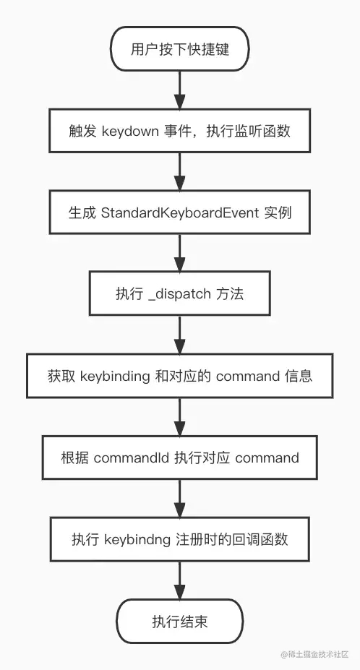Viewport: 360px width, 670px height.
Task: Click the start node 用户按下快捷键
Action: pyautogui.click(x=179, y=49)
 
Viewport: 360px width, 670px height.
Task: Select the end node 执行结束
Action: pyautogui.click(x=179, y=621)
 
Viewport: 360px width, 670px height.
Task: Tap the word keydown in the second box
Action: pyautogui.click(x=130, y=131)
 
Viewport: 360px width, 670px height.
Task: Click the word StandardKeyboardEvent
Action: pyautogui.click(x=180, y=212)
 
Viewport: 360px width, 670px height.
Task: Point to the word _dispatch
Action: pyautogui.click(x=179, y=294)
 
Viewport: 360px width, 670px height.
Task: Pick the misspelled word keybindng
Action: pyautogui.click(x=139, y=539)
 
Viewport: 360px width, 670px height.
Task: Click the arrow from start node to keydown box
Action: pyautogui.click(x=179, y=90)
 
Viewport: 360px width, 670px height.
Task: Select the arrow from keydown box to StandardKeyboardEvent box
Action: pyautogui.click(x=179, y=172)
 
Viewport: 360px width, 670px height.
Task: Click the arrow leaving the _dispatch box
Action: pyautogui.click(x=179, y=335)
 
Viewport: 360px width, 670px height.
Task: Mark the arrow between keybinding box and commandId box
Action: pyautogui.click(x=179, y=417)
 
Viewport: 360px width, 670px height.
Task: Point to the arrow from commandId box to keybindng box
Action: pyautogui.click(x=179, y=498)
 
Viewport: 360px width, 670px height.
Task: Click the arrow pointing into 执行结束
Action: pyautogui.click(x=179, y=580)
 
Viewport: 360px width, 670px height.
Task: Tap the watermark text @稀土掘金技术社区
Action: pyautogui.click(x=314, y=654)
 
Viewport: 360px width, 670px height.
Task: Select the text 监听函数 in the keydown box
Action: pyautogui.click(x=262, y=131)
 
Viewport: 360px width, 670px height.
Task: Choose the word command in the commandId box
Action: pyautogui.click(x=267, y=458)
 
